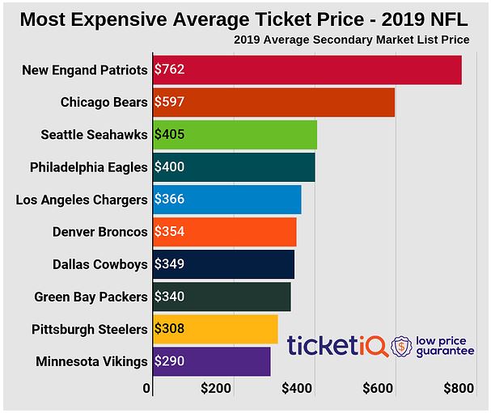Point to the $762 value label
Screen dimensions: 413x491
(170, 70)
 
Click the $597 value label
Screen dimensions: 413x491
(170, 103)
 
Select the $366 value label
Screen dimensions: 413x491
(170, 200)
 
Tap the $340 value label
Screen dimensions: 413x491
(170, 297)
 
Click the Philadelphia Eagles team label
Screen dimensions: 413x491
(88, 167)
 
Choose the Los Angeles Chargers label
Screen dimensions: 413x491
(82, 200)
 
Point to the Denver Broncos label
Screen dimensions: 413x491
(100, 232)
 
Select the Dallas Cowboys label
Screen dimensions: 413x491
(100, 264)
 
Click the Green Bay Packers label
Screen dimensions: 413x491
(91, 297)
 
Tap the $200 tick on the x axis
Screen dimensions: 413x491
(216, 389)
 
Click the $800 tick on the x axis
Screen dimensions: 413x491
(459, 389)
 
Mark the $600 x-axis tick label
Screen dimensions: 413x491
(378, 389)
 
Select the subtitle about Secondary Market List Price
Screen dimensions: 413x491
(352, 40)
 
